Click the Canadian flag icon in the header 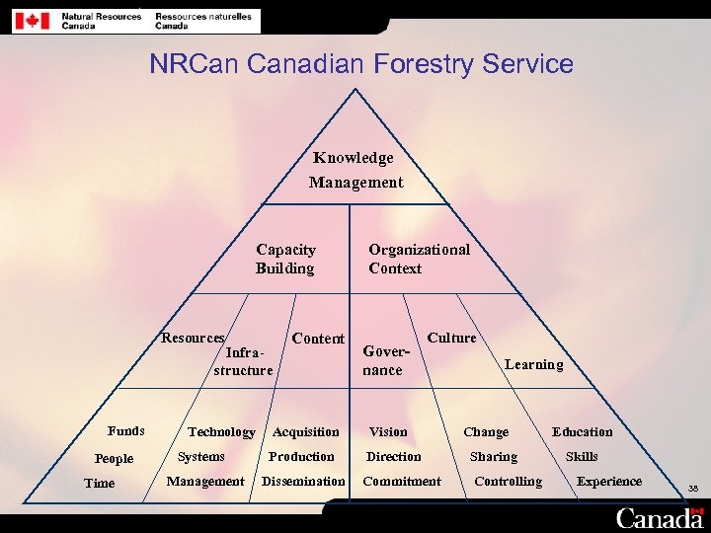pos(36,20)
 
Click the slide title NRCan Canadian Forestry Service pos(361,65)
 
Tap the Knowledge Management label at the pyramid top pos(355,170)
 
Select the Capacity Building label pos(285,260)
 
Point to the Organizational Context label pos(419,260)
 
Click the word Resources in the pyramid pos(194,338)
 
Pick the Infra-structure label pos(243,361)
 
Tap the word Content pos(318,339)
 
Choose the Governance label pos(384,360)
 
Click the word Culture pos(451,338)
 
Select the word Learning pos(533,364)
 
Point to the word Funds pos(126,430)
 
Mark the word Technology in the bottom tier pos(221,432)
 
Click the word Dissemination pos(303,482)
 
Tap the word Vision pos(388,432)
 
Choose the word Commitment pos(402,482)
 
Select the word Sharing pos(493,457)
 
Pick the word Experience pos(608,482)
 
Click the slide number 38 pos(693,488)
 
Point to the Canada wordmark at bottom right pos(660,517)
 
